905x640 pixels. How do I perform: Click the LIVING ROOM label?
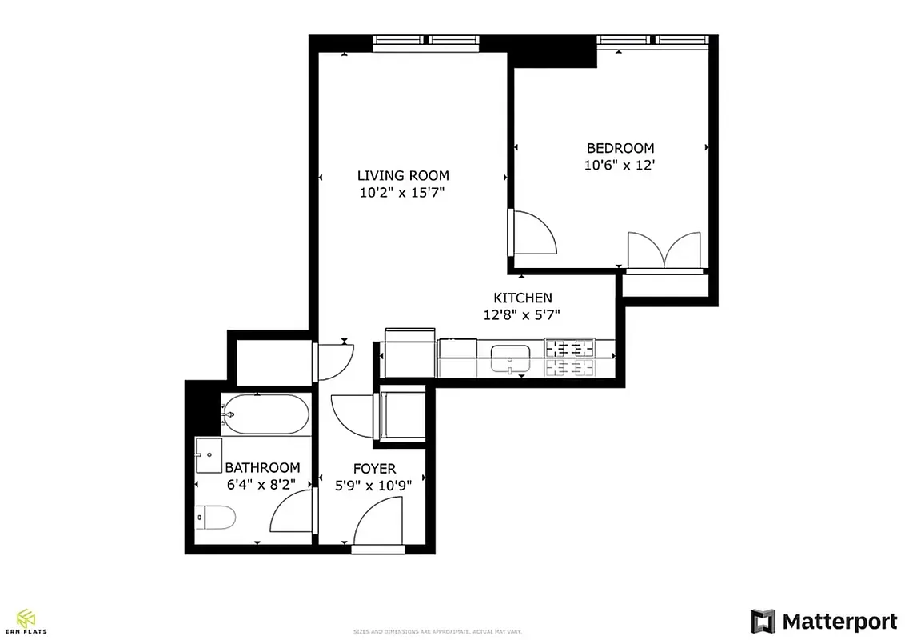pyautogui.click(x=403, y=175)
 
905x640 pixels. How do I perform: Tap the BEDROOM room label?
pyautogui.click(x=620, y=148)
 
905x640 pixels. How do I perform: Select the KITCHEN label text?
pyautogui.click(x=522, y=298)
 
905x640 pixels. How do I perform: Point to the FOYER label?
pyautogui.click(x=374, y=469)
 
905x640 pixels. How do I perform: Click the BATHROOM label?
pyautogui.click(x=262, y=468)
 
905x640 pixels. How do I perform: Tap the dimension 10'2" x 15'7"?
pyautogui.click(x=403, y=193)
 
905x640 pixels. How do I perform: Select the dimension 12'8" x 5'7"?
pyautogui.click(x=521, y=315)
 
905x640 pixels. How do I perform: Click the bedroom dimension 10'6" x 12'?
pyautogui.click(x=620, y=166)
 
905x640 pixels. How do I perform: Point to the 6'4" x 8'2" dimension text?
pyautogui.click(x=262, y=485)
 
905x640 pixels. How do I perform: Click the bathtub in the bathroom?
pyautogui.click(x=265, y=414)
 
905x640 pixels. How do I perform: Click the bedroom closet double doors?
pyautogui.click(x=664, y=250)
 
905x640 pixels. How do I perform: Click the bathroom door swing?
pyautogui.click(x=293, y=513)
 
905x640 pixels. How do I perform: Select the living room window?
pyautogui.click(x=426, y=42)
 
